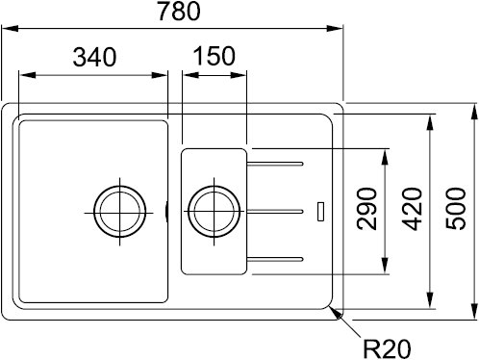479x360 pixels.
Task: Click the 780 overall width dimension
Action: coord(179,11)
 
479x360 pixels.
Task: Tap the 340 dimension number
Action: coord(94,57)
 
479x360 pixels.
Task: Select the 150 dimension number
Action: coord(214,56)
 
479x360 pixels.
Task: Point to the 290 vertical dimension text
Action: coord(366,209)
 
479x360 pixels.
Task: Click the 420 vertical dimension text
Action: coord(413,209)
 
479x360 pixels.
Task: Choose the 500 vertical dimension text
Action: coord(456,209)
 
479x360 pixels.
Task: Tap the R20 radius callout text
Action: coord(387,348)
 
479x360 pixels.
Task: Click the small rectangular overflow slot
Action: coord(320,212)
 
